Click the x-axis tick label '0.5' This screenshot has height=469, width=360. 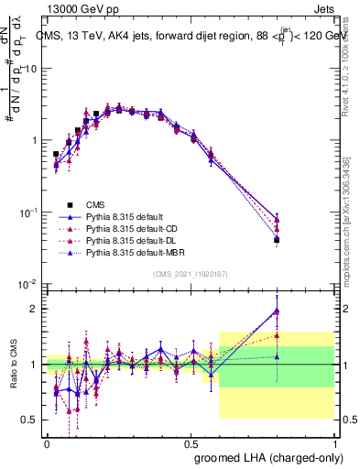click(191, 442)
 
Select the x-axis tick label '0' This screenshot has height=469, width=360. click(47, 442)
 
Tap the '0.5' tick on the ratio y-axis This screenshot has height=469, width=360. click(30, 420)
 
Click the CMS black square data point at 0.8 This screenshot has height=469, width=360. click(277, 240)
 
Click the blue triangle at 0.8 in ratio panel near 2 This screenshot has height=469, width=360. click(277, 311)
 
